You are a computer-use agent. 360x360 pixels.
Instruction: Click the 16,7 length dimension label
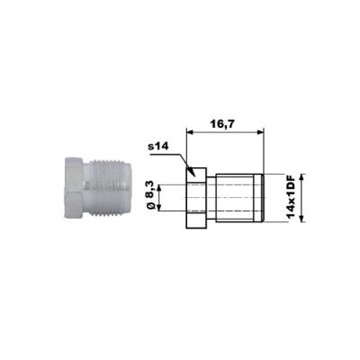point(222,123)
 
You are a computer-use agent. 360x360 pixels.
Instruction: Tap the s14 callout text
point(158,147)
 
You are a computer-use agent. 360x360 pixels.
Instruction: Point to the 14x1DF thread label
point(291,198)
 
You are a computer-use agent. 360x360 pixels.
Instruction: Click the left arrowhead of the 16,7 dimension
point(190,131)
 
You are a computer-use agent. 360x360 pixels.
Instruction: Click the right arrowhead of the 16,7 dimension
point(259,131)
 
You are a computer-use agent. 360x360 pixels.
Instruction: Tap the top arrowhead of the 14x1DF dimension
point(302,177)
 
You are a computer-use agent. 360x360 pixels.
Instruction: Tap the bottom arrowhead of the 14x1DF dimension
point(302,219)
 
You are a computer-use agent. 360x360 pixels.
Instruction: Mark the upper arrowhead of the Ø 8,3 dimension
point(159,187)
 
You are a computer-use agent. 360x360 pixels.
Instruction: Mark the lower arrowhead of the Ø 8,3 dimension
point(159,208)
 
